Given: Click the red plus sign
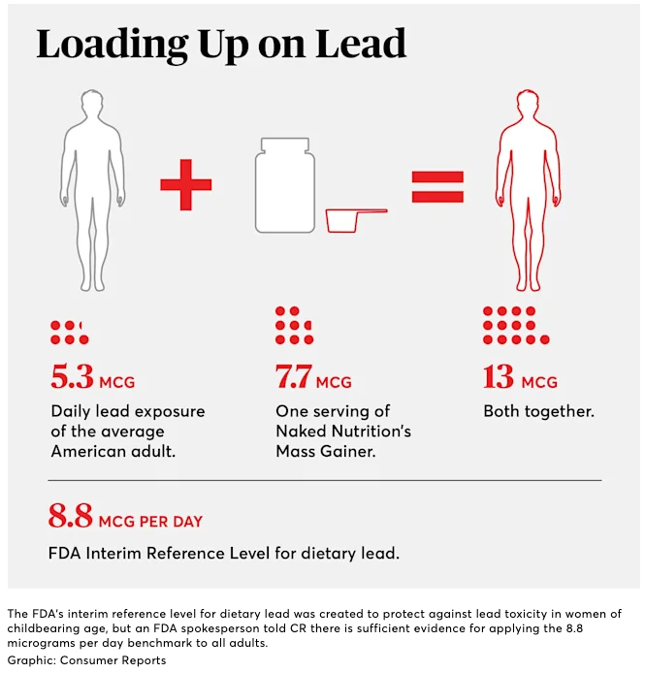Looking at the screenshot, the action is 185,185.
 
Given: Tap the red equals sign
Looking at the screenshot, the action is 437,185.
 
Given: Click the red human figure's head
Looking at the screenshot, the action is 529,105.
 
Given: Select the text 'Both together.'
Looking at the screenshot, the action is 538,411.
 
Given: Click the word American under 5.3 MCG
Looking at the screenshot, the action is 92,451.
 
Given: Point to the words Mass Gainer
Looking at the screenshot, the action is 327,451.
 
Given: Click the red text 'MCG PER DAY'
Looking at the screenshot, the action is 150,522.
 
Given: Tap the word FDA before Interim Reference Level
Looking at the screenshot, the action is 65,554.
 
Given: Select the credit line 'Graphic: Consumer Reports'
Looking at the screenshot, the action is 86,660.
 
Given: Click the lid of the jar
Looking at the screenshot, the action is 285,144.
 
